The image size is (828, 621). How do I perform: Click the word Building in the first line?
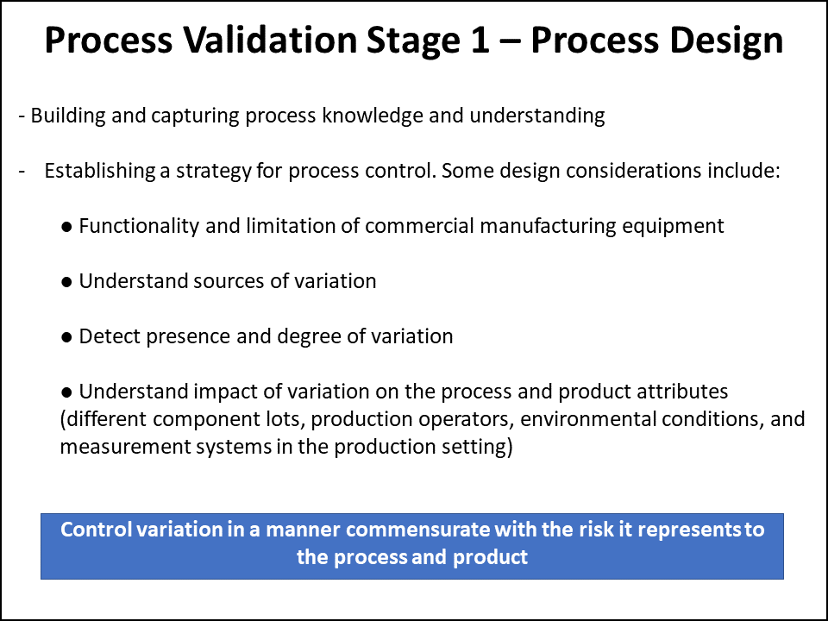(66, 116)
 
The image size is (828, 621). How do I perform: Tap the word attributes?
(686, 392)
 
